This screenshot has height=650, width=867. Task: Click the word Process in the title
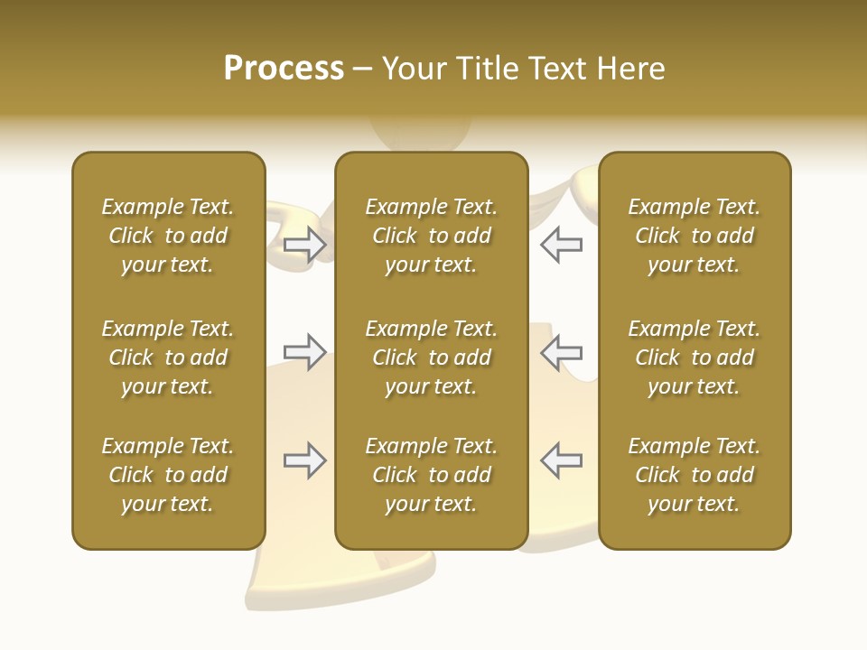point(284,69)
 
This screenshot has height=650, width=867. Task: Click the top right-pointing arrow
point(305,245)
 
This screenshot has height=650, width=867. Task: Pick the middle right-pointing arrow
point(305,351)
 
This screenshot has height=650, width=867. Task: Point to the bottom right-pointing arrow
point(305,460)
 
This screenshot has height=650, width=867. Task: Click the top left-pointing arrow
point(561,245)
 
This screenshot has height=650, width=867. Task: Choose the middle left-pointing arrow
point(561,351)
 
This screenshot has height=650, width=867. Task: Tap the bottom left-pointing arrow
point(561,460)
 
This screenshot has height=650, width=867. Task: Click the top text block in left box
point(168,236)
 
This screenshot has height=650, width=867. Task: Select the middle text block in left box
point(168,357)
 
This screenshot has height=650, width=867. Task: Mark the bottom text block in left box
point(168,475)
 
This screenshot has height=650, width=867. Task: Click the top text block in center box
point(431,236)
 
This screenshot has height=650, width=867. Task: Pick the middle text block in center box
point(431,357)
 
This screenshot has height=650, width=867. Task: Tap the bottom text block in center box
point(431,475)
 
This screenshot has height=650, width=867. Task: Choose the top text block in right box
point(694,236)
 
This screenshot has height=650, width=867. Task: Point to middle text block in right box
point(694,357)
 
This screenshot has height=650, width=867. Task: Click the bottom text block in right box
point(694,475)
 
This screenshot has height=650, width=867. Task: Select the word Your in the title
point(415,69)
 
